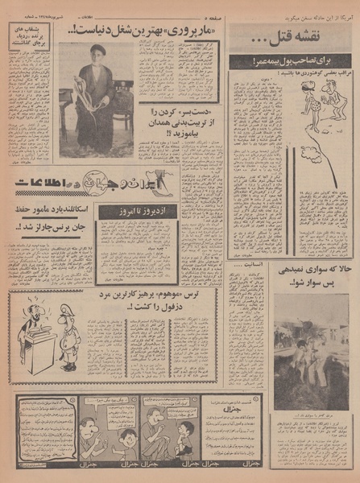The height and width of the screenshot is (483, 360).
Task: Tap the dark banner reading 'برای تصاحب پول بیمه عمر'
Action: (290, 60)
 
